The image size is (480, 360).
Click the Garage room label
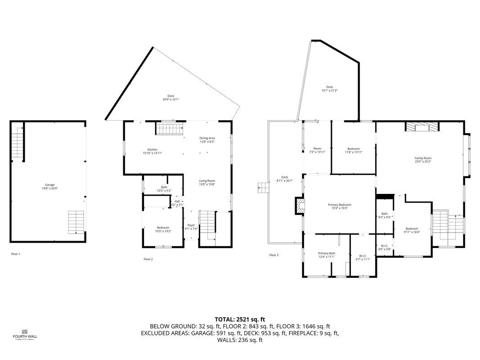[x=49, y=186]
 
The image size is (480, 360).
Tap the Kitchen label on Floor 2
[x=152, y=151]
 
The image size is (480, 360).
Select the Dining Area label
[x=207, y=139]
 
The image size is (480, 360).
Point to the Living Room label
[x=207, y=182]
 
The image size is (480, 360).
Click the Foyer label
[x=191, y=227]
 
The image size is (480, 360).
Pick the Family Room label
[x=422, y=160]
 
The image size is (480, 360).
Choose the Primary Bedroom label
[x=339, y=206]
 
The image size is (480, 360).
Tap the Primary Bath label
[x=326, y=255]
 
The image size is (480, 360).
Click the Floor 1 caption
[x=16, y=254]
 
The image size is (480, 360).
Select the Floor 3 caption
[x=274, y=255]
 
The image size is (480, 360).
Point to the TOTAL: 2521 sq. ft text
[x=240, y=319]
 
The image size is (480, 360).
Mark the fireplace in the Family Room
[x=422, y=127]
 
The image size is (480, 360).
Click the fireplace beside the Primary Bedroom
[x=299, y=206]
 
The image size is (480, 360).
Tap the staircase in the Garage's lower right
[x=76, y=222]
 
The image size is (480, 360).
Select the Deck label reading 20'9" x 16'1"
[x=170, y=97]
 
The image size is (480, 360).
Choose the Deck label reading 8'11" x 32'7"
[x=284, y=179]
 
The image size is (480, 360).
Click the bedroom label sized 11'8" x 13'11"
[x=353, y=150]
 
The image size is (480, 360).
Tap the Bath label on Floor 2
[x=164, y=189]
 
